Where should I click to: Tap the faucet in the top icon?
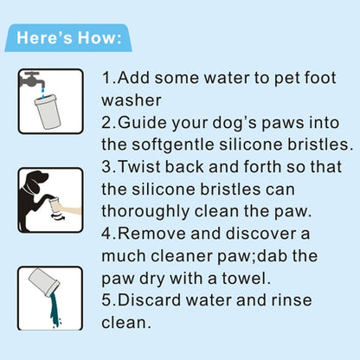point(34,80)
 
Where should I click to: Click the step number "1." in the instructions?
point(108,77)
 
